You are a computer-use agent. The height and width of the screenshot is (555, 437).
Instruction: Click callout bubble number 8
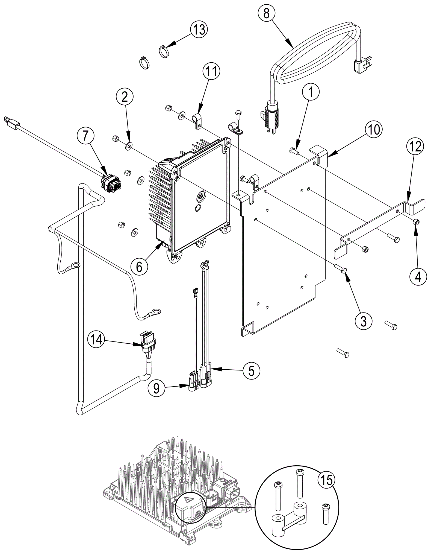[267, 13]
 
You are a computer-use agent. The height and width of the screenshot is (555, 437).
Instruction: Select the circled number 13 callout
[199, 29]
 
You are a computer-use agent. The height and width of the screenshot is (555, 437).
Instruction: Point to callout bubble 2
[125, 97]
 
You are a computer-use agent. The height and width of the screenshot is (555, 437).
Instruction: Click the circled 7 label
[86, 136]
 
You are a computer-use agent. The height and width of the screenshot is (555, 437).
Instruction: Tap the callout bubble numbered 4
[418, 277]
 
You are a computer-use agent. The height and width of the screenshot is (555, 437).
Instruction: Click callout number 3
[364, 321]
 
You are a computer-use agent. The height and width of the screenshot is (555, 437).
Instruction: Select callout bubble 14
[96, 340]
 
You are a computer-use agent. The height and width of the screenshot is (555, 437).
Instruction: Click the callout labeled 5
[251, 371]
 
